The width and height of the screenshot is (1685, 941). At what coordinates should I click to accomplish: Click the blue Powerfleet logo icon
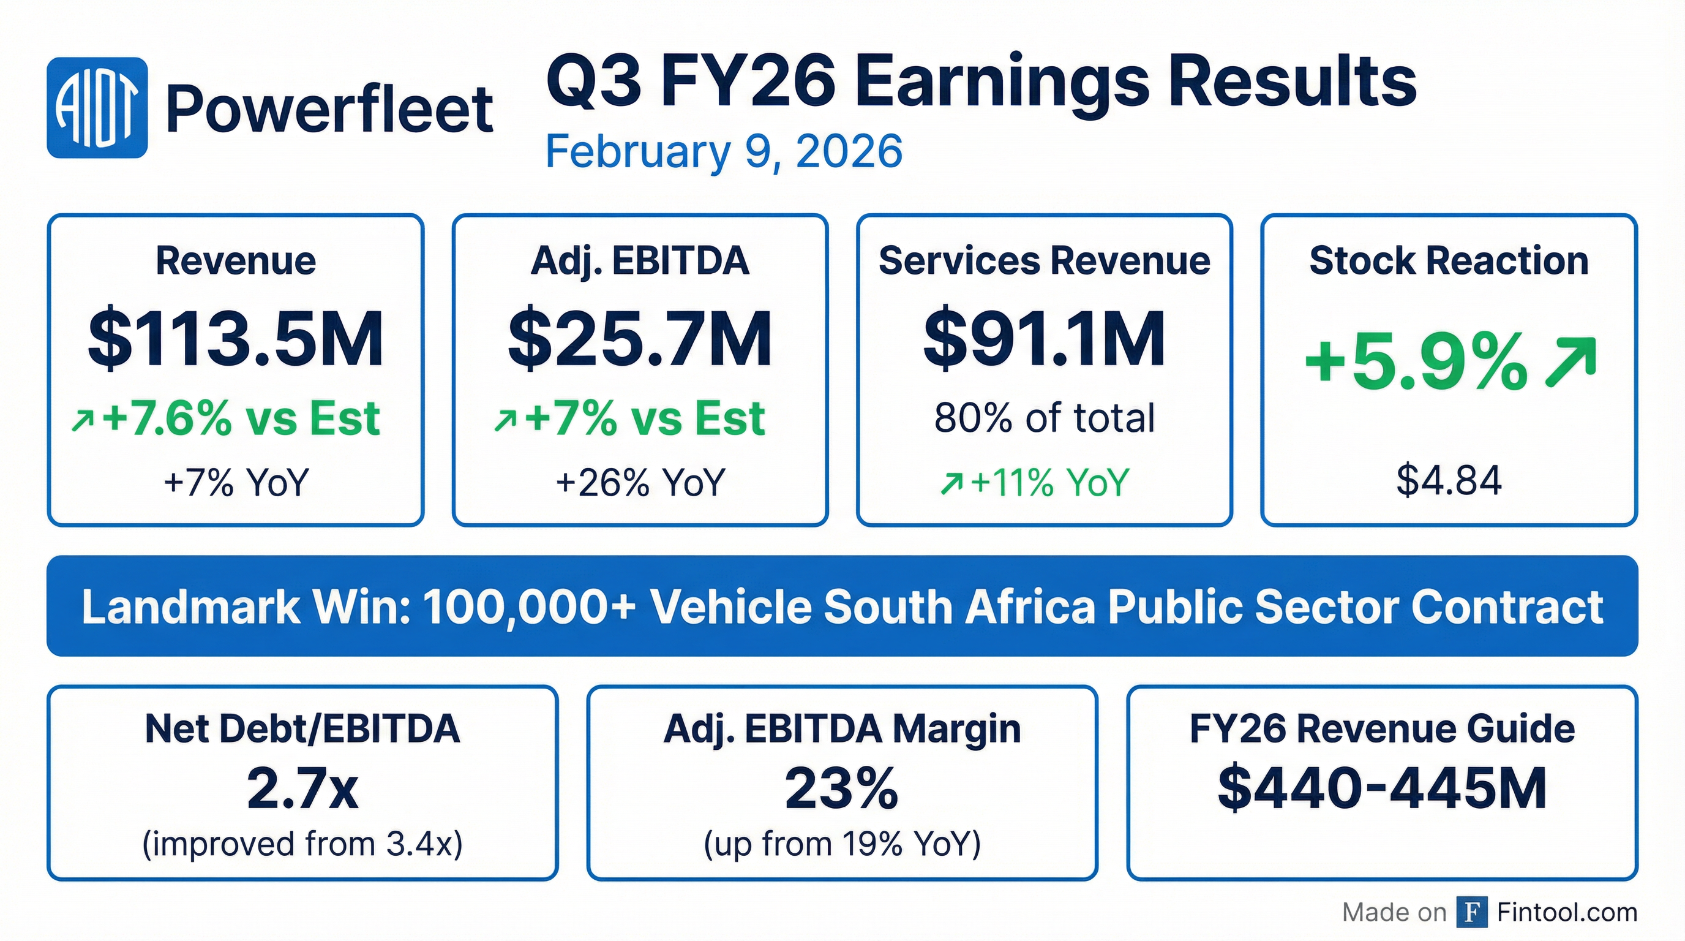[97, 108]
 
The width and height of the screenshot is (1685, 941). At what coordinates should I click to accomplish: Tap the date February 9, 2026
[724, 151]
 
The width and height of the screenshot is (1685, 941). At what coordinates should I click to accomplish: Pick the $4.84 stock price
[1448, 480]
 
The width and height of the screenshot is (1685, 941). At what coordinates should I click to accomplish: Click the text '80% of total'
[1044, 418]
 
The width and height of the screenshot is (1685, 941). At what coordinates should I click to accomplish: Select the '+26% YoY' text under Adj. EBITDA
[640, 482]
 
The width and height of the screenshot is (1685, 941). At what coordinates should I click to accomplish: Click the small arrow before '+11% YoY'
[950, 483]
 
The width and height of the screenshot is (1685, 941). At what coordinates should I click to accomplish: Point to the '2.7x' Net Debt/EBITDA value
[303, 789]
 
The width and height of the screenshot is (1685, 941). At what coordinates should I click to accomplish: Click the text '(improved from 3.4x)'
[303, 844]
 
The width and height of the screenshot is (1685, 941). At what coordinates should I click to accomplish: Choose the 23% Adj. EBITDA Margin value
[841, 789]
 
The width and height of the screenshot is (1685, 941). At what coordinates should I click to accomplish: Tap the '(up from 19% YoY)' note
[841, 844]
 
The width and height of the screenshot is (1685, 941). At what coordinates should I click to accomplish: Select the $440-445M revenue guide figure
[1381, 788]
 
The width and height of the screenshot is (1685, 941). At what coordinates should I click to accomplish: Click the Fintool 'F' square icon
[1472, 912]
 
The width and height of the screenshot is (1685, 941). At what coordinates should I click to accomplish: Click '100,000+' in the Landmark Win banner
[528, 607]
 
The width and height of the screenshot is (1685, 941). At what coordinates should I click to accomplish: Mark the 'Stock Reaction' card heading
[1448, 260]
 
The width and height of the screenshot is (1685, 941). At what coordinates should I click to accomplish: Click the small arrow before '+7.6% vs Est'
[83, 421]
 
